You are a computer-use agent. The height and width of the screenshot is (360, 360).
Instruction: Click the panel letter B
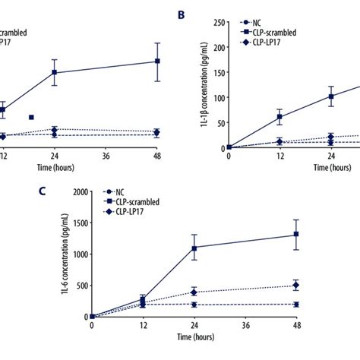point(182,15)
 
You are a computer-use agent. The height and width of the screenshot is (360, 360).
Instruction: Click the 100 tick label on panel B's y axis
point(217,97)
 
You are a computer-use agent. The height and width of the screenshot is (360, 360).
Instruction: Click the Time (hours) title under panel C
point(194,335)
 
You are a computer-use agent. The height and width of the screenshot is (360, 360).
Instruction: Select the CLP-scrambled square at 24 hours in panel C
point(194,248)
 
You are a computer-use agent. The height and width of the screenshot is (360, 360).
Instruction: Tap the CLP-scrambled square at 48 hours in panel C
point(296,235)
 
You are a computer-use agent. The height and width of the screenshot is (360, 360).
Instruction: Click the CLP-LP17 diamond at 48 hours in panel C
point(296,286)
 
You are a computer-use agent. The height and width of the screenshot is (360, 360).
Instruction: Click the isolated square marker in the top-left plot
point(31,117)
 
